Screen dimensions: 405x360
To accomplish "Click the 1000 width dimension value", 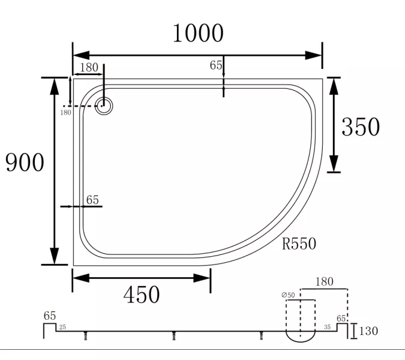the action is click(198, 33).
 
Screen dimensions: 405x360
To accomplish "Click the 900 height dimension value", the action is click(25, 162).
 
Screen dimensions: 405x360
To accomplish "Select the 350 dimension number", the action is click(361, 127).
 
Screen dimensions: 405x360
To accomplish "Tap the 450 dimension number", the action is click(142, 295).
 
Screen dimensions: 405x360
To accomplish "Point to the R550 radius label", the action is click(299, 244).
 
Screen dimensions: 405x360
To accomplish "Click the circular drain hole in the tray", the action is click(104, 106).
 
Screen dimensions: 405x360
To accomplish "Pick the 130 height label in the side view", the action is click(368, 331).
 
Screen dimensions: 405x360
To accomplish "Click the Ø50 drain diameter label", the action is click(288, 295).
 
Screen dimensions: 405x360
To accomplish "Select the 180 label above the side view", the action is click(325, 281).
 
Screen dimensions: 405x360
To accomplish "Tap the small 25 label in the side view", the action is click(62, 327).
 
